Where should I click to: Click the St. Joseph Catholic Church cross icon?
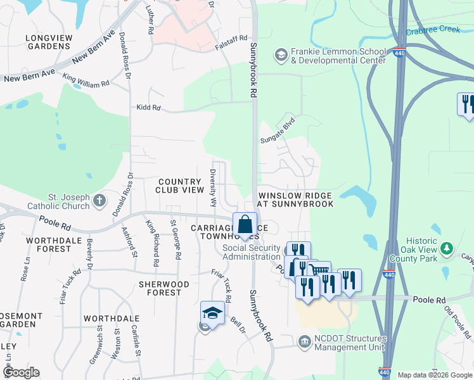[99, 201]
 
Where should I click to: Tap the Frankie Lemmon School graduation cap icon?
[280, 56]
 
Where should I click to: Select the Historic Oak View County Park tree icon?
[448, 248]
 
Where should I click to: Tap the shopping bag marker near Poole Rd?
[245, 225]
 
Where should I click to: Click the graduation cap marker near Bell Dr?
[213, 313]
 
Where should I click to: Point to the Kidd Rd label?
[149, 108]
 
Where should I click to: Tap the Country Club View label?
[180, 186]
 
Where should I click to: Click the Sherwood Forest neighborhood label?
[163, 288]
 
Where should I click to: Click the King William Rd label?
[86, 80]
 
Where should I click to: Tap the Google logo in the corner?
[20, 372]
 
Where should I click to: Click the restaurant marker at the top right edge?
[467, 104]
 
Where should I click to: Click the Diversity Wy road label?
[214, 188]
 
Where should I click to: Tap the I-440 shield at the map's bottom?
[385, 371]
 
